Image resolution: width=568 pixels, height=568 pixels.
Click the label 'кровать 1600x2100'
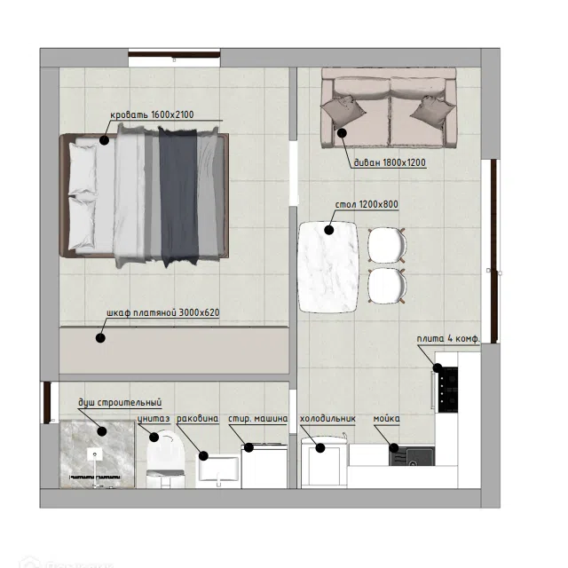coord(152,114)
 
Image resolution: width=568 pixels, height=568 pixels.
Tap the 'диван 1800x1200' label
coord(390,162)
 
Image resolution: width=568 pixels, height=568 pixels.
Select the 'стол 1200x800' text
coord(367,204)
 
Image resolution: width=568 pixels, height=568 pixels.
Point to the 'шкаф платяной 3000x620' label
coord(163,312)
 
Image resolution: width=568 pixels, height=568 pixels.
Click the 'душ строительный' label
coord(120,402)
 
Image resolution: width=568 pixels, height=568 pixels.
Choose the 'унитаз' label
coord(154,419)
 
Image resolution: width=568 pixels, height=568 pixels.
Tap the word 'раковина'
coord(197,419)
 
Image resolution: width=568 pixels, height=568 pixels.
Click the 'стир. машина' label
coord(258,419)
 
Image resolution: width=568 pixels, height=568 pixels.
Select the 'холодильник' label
coord(327,419)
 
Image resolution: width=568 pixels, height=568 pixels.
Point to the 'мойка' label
coord(387,419)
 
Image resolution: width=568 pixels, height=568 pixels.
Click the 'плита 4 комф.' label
coord(448,339)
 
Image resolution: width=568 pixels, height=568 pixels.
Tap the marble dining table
coord(328,267)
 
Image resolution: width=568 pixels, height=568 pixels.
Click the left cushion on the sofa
coord(343,111)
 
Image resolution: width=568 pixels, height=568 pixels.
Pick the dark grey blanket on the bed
coord(178,195)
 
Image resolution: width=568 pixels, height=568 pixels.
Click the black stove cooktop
coord(447,390)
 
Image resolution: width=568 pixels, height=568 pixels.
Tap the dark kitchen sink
coord(412,456)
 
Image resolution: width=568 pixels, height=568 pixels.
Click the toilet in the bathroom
coord(166,459)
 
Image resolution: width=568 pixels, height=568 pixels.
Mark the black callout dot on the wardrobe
coord(100,338)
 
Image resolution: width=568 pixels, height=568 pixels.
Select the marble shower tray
coord(97,454)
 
